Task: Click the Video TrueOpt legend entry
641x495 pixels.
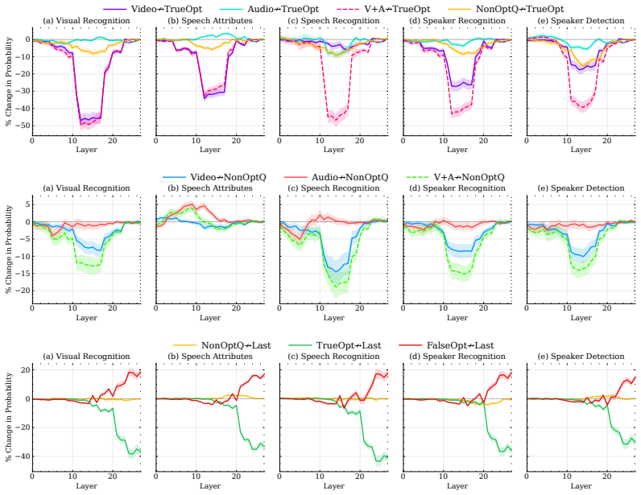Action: pyautogui.click(x=152, y=9)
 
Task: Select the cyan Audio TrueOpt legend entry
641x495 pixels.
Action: pyautogui.click(x=269, y=9)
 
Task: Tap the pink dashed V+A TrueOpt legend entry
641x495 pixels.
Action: pyautogui.click(x=383, y=9)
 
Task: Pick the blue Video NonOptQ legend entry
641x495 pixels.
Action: pyautogui.click(x=215, y=177)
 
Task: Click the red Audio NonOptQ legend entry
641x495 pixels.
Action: pyautogui.click(x=336, y=177)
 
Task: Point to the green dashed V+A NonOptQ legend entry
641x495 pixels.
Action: pyautogui.click(x=456, y=177)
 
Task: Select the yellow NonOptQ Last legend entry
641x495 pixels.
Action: pyautogui.click(x=222, y=345)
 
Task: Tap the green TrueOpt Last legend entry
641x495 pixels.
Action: pyautogui.click(x=334, y=345)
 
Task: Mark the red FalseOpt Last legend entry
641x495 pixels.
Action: pyautogui.click(x=445, y=345)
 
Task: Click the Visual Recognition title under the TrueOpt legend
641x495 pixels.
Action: pyautogui.click(x=87, y=20)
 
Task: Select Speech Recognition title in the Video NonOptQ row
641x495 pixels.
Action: pyautogui.click(x=334, y=188)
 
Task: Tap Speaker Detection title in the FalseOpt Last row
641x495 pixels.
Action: pyautogui.click(x=581, y=357)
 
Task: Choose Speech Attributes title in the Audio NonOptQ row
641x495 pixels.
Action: pyautogui.click(x=210, y=188)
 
